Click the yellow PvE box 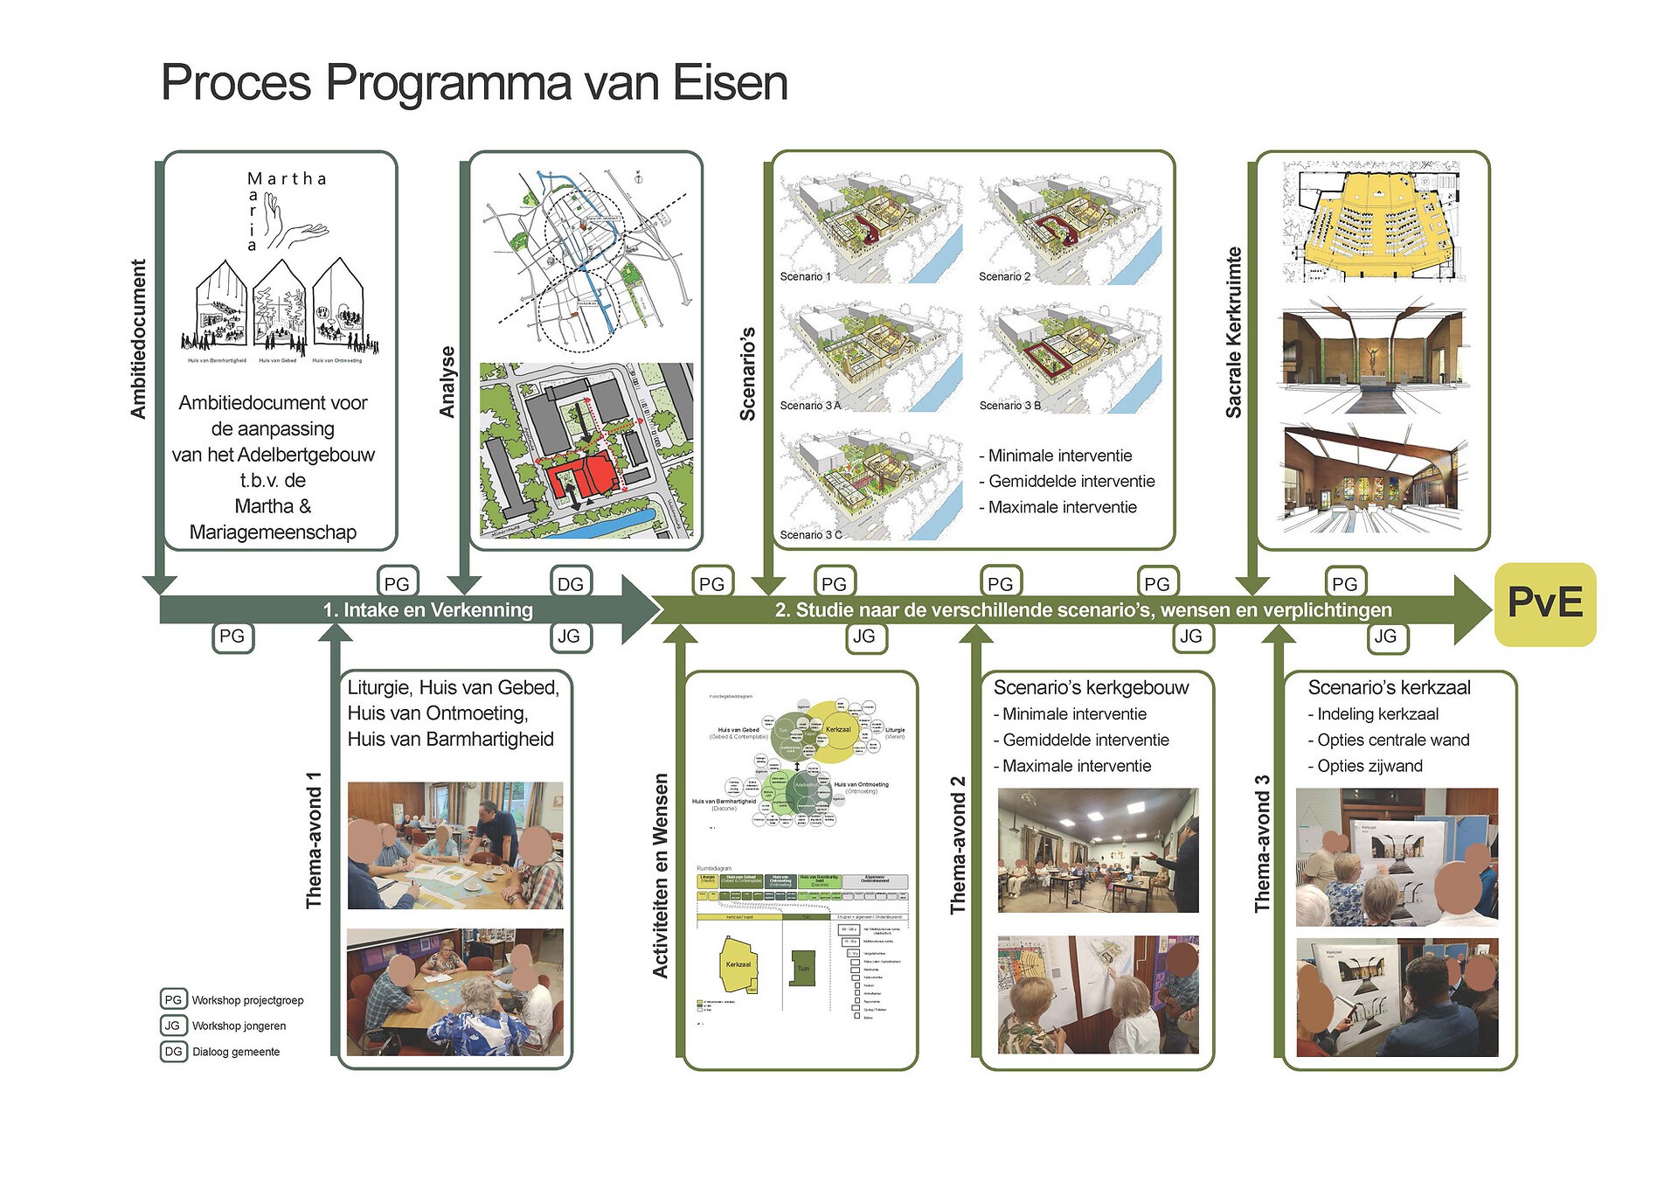(x=1544, y=604)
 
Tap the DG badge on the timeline (x=571, y=584)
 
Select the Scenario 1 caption (x=805, y=276)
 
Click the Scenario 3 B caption (x=1009, y=406)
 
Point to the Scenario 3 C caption (x=810, y=534)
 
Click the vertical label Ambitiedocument (x=138, y=339)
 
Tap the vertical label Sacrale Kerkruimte (x=1233, y=332)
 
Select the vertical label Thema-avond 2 (x=958, y=845)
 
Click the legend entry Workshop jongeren (x=239, y=1026)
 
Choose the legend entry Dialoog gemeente (x=236, y=1052)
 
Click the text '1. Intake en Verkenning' (x=427, y=610)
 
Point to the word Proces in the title (x=236, y=83)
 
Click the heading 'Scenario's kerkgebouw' (x=1091, y=688)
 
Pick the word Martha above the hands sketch (x=287, y=179)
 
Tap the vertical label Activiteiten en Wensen (x=661, y=875)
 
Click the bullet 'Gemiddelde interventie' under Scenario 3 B (x=1071, y=482)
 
